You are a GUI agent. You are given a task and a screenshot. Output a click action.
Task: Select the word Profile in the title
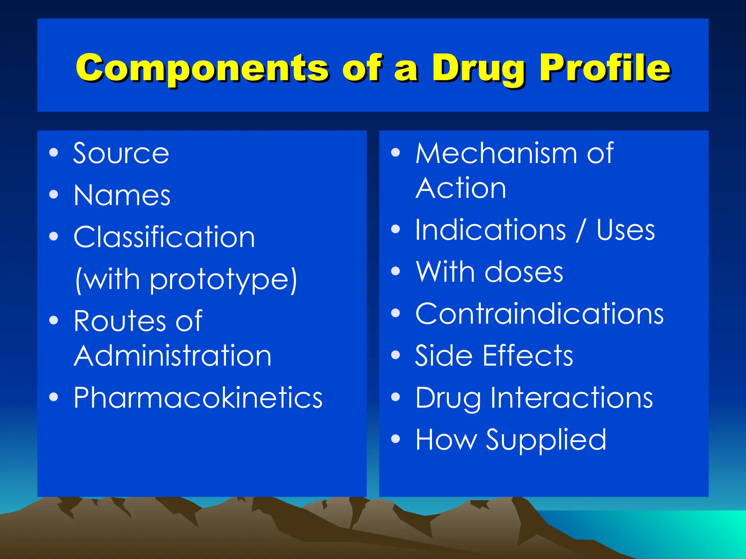pyautogui.click(x=605, y=68)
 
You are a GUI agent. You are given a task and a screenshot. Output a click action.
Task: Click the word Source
pyautogui.click(x=121, y=153)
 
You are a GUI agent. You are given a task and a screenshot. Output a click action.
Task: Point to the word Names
pyautogui.click(x=122, y=195)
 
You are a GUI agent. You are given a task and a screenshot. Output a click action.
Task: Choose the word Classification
pyautogui.click(x=164, y=237)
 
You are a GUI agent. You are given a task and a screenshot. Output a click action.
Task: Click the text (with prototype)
pyautogui.click(x=186, y=279)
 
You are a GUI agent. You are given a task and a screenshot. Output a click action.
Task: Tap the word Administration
pyautogui.click(x=173, y=356)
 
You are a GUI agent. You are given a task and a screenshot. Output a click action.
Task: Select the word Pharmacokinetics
pyautogui.click(x=198, y=397)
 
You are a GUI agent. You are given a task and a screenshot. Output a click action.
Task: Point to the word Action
pyautogui.click(x=461, y=188)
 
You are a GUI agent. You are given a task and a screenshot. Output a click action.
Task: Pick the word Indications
pyautogui.click(x=491, y=230)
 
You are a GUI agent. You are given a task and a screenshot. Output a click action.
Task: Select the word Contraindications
pyautogui.click(x=539, y=314)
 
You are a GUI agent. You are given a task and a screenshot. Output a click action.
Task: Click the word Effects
pyautogui.click(x=528, y=356)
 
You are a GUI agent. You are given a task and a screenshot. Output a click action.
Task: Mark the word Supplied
pyautogui.click(x=546, y=440)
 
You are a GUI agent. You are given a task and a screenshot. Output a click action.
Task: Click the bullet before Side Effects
pyautogui.click(x=396, y=354)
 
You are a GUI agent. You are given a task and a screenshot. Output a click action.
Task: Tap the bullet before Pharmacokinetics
pyautogui.click(x=54, y=397)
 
